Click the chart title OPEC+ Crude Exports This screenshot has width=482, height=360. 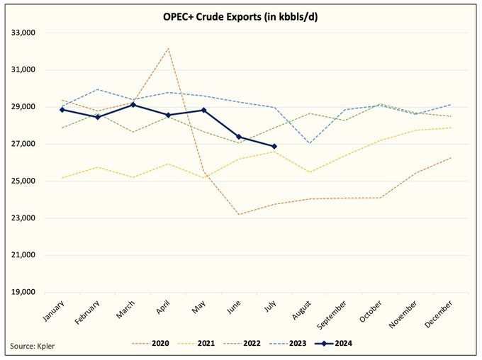240,16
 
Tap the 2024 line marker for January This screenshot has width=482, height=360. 63,110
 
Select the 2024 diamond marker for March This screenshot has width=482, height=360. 133,105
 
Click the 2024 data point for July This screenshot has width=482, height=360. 274,147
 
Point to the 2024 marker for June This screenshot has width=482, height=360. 239,137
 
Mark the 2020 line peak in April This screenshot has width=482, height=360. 168,48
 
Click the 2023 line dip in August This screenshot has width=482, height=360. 310,143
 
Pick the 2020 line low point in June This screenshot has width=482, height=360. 239,214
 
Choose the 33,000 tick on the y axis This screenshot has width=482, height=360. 24,33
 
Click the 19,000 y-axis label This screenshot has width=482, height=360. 24,292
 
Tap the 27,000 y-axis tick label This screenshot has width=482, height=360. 24,145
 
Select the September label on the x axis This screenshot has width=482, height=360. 335,313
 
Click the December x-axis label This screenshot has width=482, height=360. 442,312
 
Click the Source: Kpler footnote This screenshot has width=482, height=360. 33,346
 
